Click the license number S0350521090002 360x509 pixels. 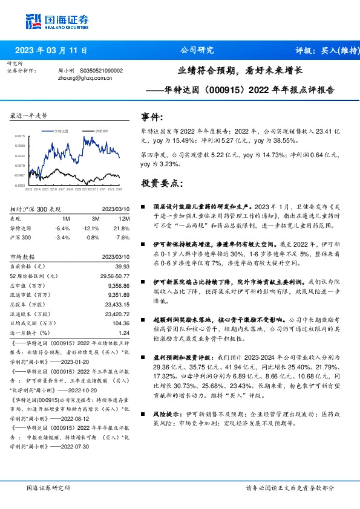coord(101,71)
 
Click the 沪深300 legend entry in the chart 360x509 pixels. coord(99,130)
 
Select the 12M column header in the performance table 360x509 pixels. coord(125,218)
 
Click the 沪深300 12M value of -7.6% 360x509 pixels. coord(123,238)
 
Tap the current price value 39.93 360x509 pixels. coord(123,266)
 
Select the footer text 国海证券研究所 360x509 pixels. coord(49,488)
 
